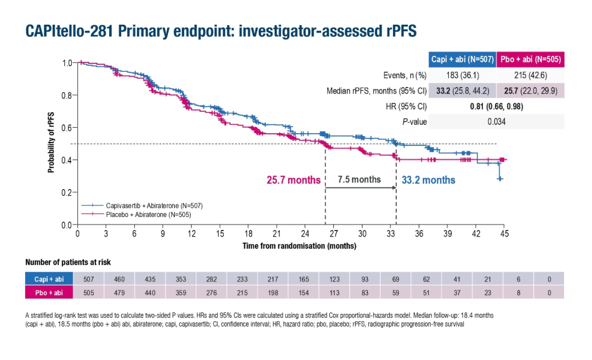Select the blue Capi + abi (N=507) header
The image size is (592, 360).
(463, 59)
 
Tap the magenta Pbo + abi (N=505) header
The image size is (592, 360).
(530, 59)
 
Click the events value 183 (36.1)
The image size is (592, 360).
(463, 75)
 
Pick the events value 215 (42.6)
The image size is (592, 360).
(530, 75)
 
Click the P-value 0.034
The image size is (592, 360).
(496, 122)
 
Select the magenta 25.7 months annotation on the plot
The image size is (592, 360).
(293, 180)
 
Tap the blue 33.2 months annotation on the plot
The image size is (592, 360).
(428, 180)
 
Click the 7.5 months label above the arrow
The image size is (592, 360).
(359, 179)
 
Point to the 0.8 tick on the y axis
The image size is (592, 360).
(67, 95)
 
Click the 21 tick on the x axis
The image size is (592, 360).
(277, 234)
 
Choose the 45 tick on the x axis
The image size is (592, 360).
(504, 234)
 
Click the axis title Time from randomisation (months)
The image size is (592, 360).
(299, 246)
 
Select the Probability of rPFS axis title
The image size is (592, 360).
(52, 142)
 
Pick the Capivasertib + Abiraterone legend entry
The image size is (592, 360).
(154, 205)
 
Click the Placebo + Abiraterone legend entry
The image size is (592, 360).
(148, 214)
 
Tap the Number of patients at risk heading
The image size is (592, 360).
(68, 262)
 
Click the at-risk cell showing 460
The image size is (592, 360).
(119, 279)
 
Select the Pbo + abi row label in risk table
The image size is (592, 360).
(49, 293)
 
